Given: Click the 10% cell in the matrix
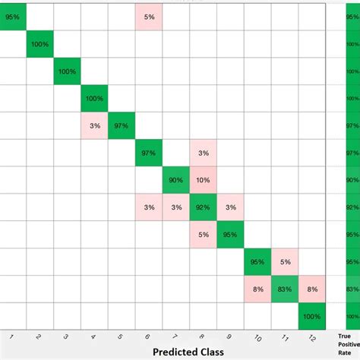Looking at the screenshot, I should [x=203, y=180].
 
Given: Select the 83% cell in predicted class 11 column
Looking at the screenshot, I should [x=284, y=289].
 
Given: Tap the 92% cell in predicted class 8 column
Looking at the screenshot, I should [x=203, y=207].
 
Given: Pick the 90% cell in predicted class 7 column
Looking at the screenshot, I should [x=175, y=180].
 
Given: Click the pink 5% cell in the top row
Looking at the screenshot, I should [x=149, y=16].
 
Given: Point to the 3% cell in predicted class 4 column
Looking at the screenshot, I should [x=94, y=125].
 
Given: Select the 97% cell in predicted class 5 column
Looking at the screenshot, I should [x=122, y=125].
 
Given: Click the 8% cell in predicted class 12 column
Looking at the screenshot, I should [x=311, y=289].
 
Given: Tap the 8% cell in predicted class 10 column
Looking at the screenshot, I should [x=257, y=289].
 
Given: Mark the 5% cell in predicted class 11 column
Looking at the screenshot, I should [x=284, y=262].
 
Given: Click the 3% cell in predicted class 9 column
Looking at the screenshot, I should [x=230, y=207].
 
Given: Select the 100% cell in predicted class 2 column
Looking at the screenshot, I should [x=40, y=43].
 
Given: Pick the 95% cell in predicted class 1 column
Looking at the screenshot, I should [x=13, y=16].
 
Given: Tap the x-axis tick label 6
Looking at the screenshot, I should [x=147, y=336].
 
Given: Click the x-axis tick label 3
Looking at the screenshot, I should [x=66, y=336].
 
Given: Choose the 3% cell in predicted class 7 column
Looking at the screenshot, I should [x=175, y=207].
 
